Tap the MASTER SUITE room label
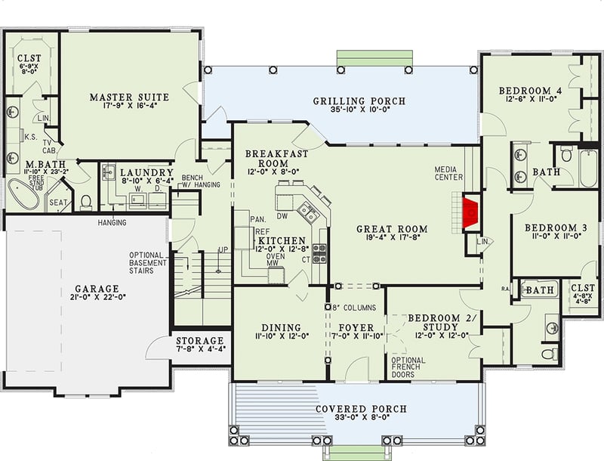pos(129,97)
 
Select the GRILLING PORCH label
pos(359,101)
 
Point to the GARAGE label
pos(97,289)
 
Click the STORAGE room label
pos(200,341)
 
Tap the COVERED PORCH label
pos(361,409)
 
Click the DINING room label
pos(282,328)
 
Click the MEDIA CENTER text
pos(453,173)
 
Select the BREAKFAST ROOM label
pos(276,159)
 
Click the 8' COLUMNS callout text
pos(351,308)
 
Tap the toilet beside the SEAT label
pos(86,202)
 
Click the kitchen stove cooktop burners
pos(319,253)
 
